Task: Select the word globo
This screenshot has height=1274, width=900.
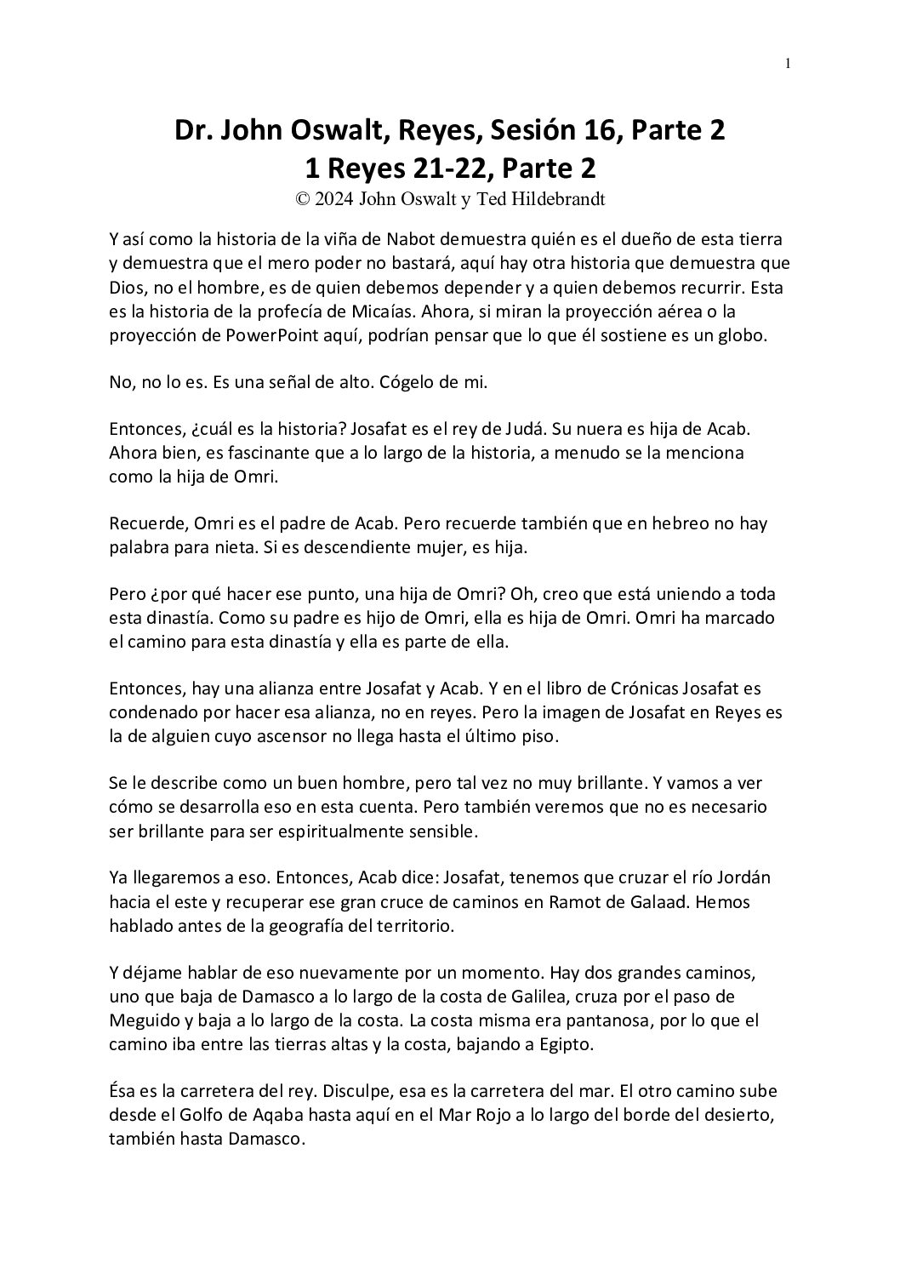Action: coord(743,334)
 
